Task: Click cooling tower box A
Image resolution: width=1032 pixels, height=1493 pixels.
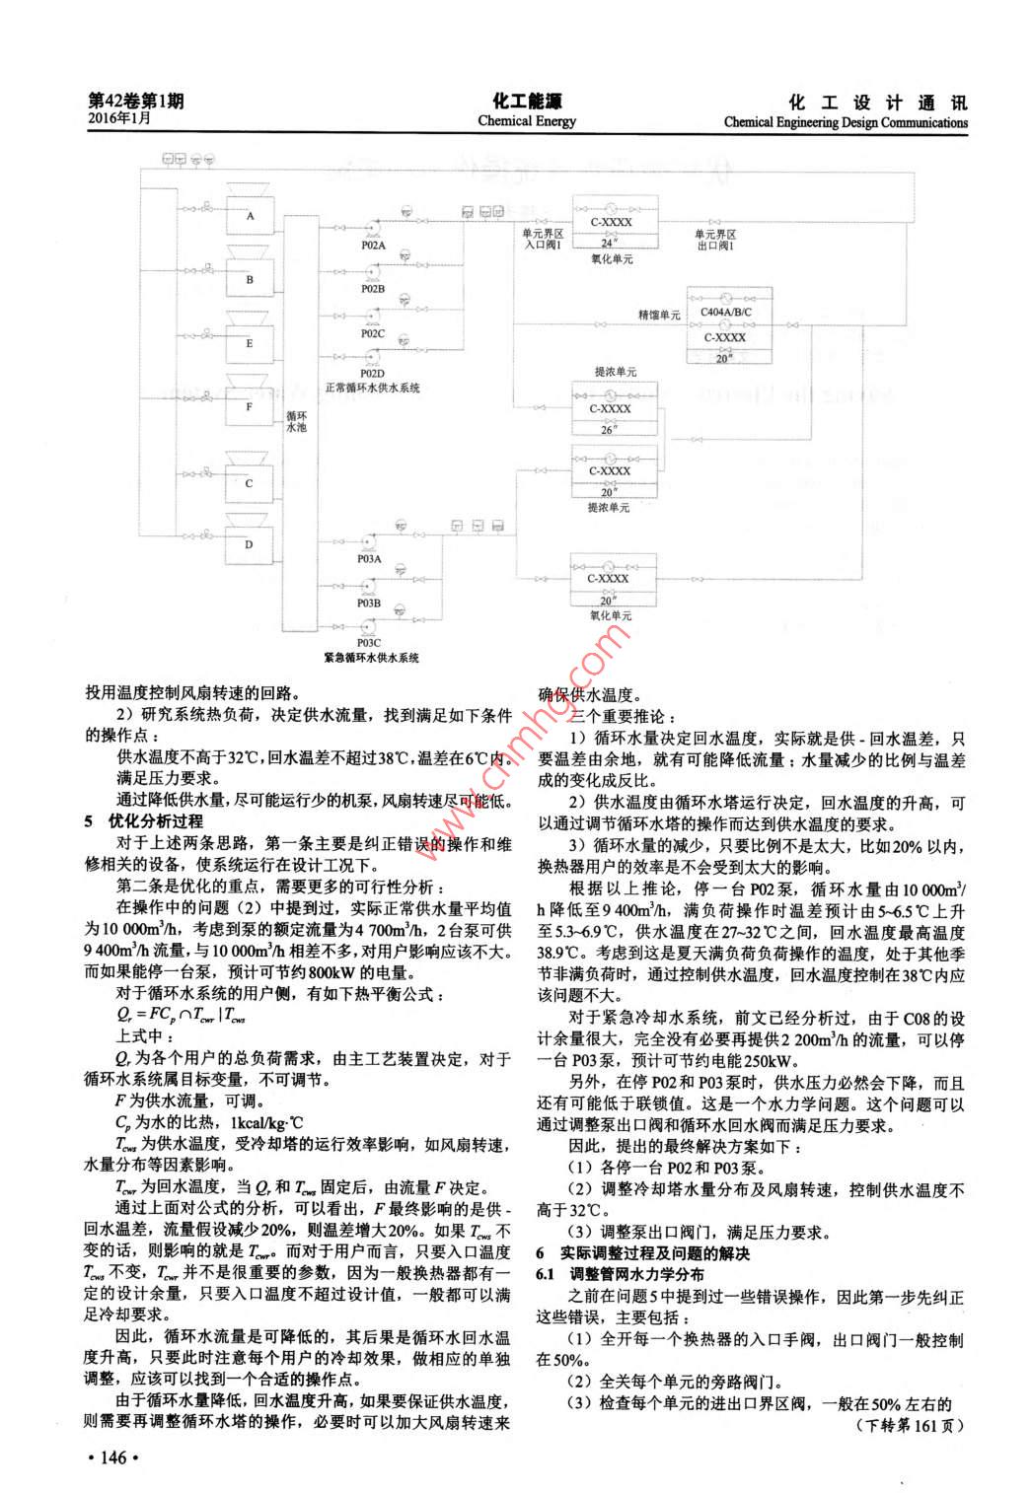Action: pos(251,216)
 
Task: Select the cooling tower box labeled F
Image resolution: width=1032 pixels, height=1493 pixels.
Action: pos(250,406)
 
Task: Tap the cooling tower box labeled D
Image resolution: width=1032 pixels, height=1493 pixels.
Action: pos(250,544)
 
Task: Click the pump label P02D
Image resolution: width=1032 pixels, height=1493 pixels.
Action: pos(372,374)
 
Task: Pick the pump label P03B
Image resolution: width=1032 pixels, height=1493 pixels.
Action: pos(369,603)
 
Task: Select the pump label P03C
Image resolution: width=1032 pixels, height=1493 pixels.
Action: pos(369,643)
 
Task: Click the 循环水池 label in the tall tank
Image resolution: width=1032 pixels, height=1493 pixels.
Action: pos(296,422)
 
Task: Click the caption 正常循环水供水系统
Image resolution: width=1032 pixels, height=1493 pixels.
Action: pos(373,388)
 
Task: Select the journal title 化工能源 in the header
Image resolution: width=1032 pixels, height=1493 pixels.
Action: pos(526,102)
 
